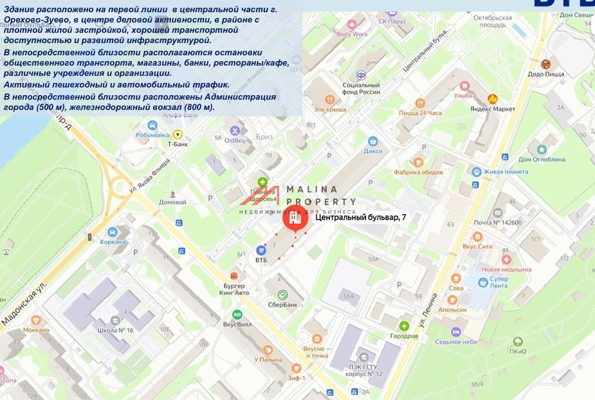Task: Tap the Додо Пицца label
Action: coord(546,74)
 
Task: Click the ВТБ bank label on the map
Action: coord(261,260)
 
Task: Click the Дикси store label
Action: coord(372,151)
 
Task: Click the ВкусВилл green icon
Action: coord(237,315)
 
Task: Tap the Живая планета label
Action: coord(506,172)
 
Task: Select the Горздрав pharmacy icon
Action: coord(404,325)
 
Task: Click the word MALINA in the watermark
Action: coord(311,189)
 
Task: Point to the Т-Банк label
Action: coord(178,144)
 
